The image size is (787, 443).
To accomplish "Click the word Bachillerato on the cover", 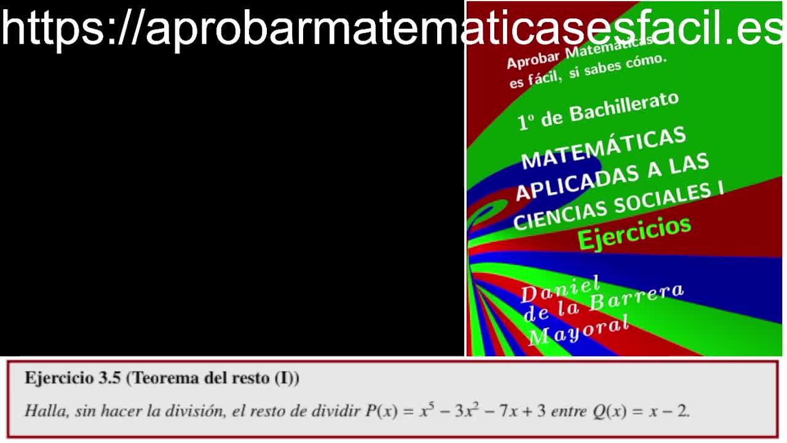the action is [624, 107].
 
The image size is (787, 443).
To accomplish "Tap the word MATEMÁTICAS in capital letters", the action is [604, 147].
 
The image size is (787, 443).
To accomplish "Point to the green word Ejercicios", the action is [635, 233].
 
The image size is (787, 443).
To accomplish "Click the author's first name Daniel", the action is [560, 290].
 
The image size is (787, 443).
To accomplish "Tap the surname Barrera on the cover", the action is [636, 297].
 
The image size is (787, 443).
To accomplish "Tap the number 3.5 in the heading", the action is [110, 378].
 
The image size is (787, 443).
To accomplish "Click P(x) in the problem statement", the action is [381, 410].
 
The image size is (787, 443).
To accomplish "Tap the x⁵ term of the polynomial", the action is [427, 410].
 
